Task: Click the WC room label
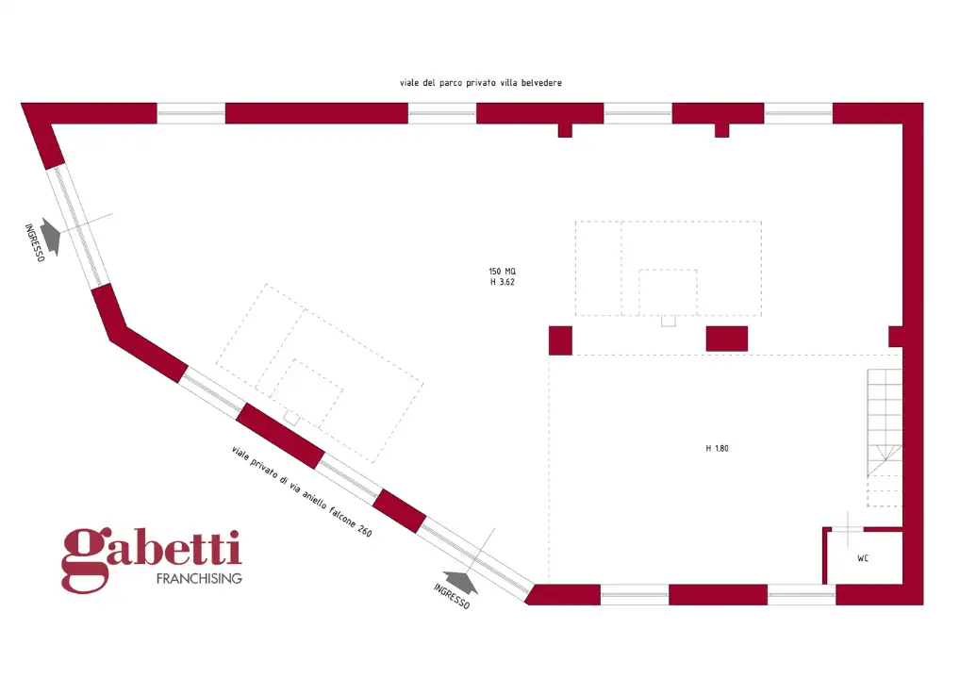pos(863,558)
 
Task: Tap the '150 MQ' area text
pos(502,272)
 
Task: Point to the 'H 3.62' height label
pos(502,282)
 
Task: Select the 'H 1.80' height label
pos(717,448)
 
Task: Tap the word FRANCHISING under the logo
pos(199,579)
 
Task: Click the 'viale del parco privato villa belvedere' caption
pos(481,83)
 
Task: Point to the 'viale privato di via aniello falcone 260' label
pos(302,491)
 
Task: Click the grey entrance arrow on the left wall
pos(52,236)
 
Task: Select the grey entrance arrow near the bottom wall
pos(461,582)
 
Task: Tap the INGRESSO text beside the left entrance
pos(34,242)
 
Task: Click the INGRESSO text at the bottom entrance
pos(452,596)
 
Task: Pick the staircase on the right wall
pos(885,438)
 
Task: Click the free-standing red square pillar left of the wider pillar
pos(560,341)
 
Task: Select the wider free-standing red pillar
pos(727,339)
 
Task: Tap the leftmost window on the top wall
pos(191,113)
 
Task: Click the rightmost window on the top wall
pos(799,113)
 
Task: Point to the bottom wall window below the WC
pos(802,594)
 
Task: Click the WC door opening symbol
pos(848,530)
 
